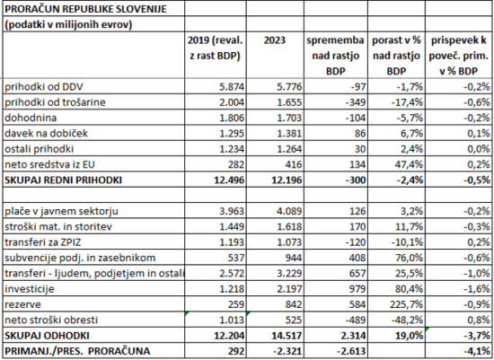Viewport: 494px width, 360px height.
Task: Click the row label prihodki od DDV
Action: click(x=45, y=88)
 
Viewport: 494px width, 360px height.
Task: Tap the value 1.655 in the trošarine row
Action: click(x=283, y=102)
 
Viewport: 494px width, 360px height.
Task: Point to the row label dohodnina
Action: click(x=31, y=117)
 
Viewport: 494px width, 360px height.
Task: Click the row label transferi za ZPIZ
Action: click(x=45, y=241)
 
